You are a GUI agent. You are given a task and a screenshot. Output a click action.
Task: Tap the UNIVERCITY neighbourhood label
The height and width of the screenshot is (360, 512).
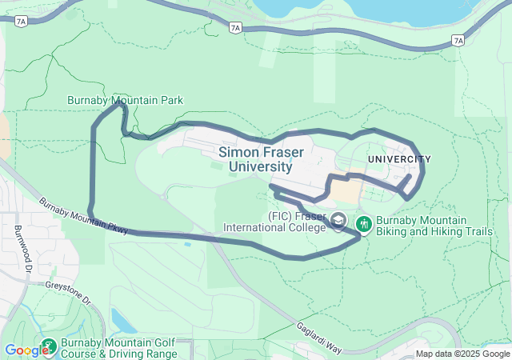tap(399, 160)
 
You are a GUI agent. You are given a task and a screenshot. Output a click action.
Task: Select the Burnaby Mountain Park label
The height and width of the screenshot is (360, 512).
tap(125, 100)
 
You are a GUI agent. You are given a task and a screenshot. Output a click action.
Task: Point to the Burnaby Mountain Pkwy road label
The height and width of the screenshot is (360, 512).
tap(83, 214)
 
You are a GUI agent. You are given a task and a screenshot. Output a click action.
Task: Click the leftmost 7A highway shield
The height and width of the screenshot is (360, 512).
tap(21, 22)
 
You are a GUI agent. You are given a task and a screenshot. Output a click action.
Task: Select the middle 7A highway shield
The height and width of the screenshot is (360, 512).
tap(234, 28)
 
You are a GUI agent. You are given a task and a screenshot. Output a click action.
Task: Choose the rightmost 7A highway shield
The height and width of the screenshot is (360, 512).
tap(458, 40)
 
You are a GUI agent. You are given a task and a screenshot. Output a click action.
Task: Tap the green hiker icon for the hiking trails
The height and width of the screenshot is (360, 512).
tap(364, 222)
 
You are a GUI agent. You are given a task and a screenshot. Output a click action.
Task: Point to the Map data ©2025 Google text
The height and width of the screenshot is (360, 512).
tap(462, 354)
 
